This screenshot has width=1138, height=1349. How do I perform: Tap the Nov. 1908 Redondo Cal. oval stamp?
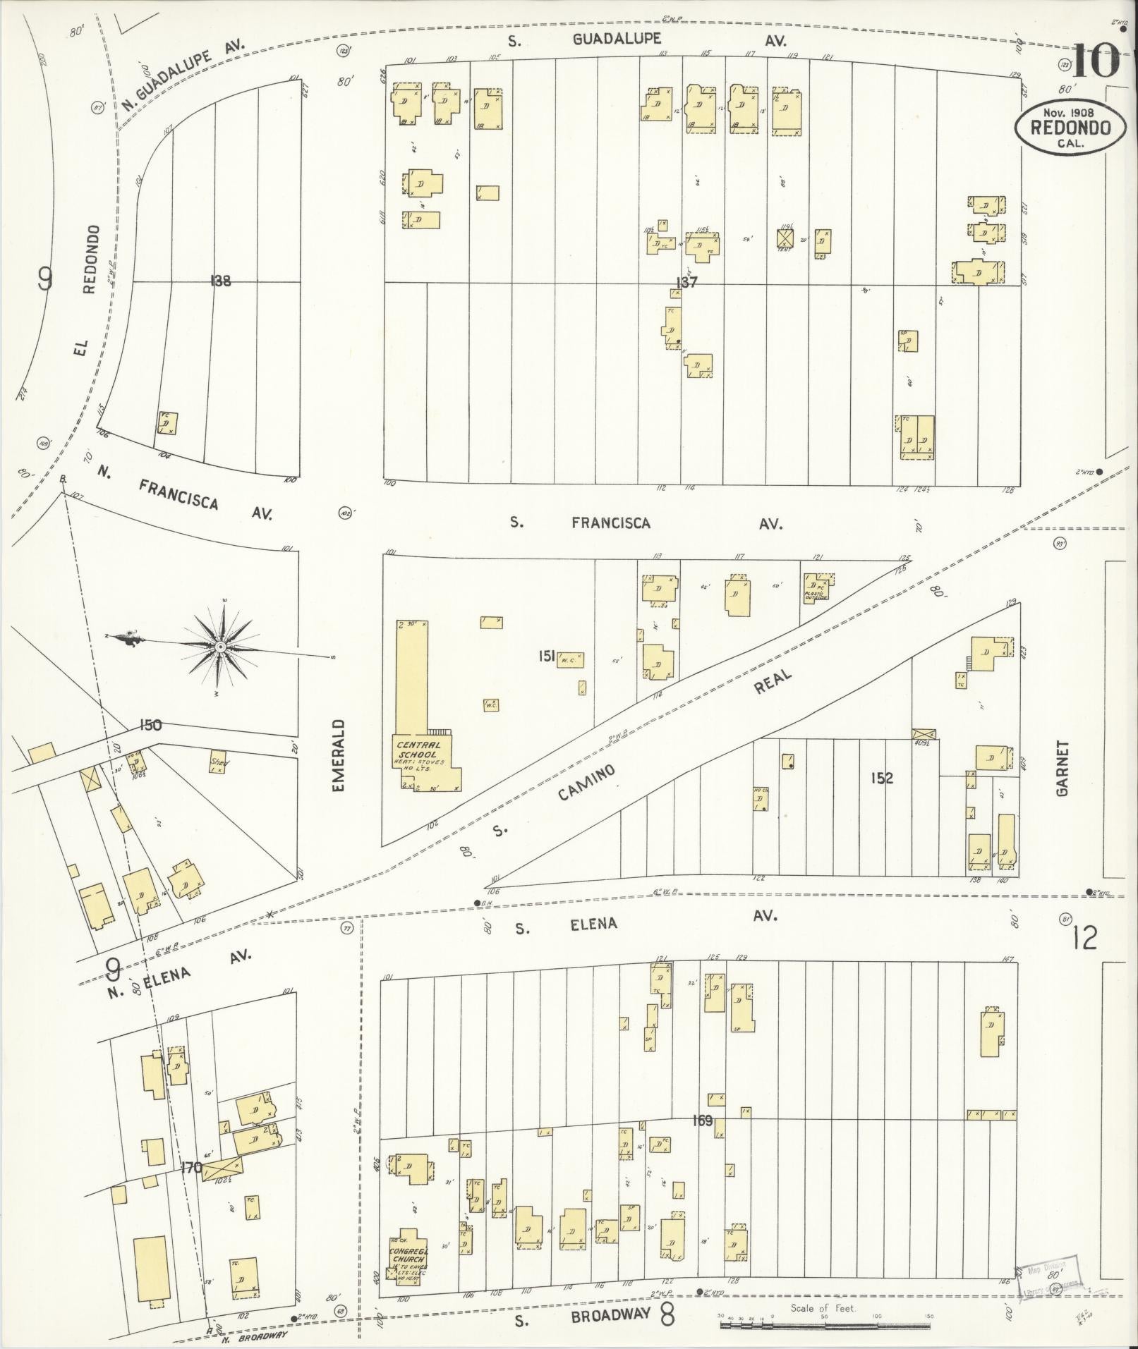1070,127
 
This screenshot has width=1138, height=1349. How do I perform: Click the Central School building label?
418,754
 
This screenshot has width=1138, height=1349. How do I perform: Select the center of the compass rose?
221,647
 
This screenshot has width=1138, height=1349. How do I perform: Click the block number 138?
220,281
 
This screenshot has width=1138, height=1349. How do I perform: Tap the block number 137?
686,282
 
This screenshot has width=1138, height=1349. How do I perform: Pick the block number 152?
882,778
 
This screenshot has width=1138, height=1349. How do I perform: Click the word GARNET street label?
1063,769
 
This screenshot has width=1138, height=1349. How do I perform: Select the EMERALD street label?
339,755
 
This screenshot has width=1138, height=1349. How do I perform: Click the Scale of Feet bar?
825,1325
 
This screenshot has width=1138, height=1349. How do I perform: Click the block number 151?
547,657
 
